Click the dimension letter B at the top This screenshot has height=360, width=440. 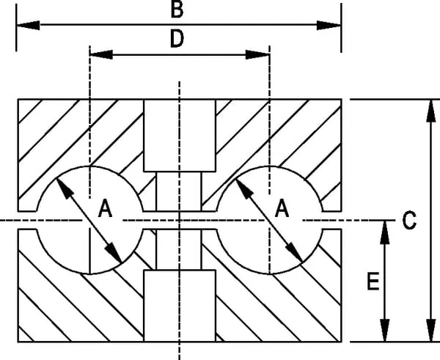point(177,10)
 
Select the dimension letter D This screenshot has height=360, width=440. point(177,40)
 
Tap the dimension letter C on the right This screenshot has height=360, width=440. point(410,219)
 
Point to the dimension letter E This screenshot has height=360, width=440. point(373,282)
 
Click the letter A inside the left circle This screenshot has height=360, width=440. point(106,210)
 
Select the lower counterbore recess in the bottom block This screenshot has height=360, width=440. point(179,305)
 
